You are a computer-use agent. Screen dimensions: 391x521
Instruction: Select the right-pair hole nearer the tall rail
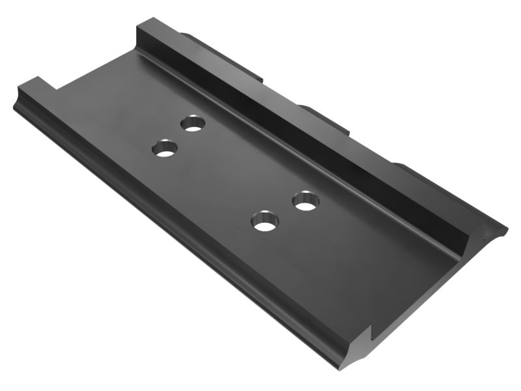305,201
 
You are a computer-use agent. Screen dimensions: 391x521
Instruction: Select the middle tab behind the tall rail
319,111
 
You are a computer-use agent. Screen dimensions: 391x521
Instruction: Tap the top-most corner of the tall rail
138,22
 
